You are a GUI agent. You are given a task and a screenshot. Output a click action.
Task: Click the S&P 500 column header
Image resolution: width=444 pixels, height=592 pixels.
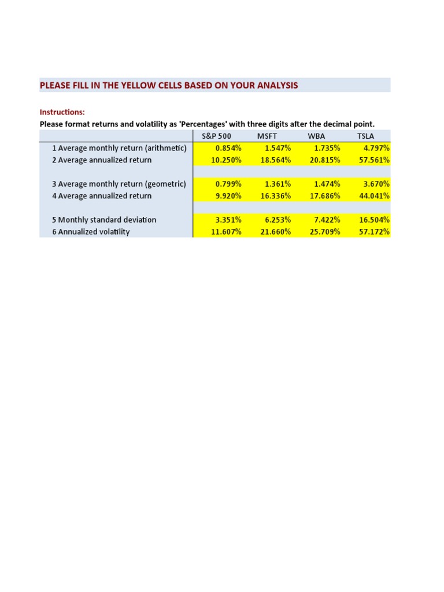tap(213, 136)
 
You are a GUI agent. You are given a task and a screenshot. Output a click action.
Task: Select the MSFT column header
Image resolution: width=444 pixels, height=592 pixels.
tap(267, 136)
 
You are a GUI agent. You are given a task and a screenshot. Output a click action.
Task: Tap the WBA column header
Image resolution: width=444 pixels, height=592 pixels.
tap(317, 136)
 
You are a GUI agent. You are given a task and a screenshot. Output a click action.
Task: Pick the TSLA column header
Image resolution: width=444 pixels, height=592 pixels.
tap(366, 136)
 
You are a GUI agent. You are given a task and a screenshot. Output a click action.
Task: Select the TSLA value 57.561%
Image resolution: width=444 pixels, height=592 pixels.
tap(375, 160)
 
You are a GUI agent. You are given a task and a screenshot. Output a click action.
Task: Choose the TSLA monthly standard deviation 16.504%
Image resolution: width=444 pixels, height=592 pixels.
tap(375, 220)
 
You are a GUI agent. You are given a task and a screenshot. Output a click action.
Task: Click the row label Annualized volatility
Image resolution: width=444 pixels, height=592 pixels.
tap(94, 232)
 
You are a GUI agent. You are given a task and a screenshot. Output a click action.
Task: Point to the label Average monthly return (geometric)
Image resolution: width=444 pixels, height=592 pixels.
tap(122, 184)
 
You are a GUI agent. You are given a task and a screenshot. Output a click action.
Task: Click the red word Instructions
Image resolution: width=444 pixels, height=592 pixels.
tap(62, 112)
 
